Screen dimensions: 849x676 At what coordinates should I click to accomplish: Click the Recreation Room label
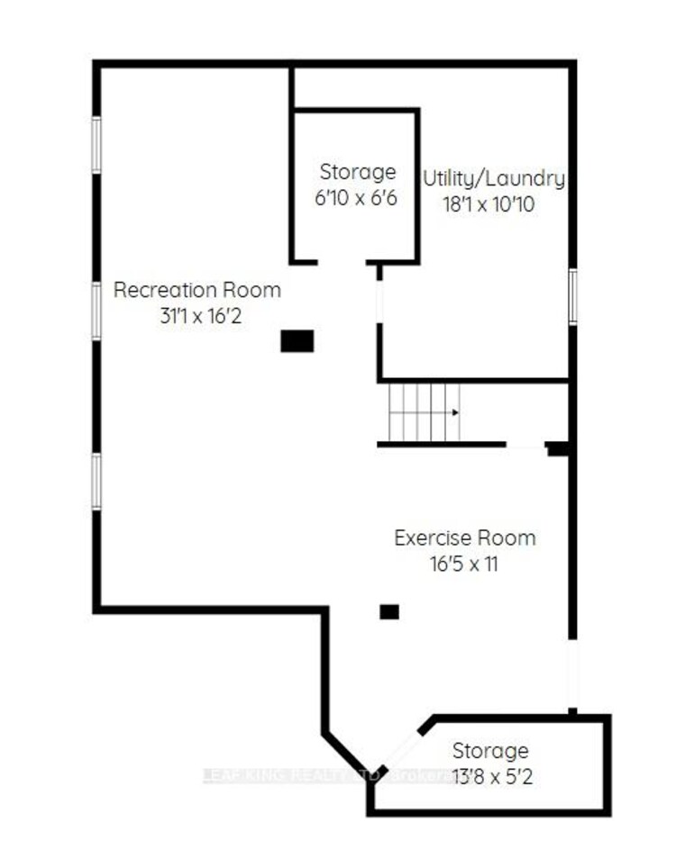click(196, 291)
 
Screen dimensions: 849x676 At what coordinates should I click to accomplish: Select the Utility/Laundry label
click(494, 178)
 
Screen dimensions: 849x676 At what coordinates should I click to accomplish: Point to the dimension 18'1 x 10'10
click(489, 204)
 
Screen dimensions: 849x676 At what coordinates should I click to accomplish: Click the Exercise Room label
click(465, 538)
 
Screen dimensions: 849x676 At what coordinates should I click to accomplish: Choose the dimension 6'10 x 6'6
click(357, 198)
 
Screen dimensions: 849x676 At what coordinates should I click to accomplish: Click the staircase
click(424, 412)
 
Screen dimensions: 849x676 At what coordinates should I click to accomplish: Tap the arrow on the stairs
click(453, 412)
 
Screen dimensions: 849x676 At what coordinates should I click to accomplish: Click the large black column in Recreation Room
click(297, 341)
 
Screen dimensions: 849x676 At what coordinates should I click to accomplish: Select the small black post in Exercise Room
click(388, 611)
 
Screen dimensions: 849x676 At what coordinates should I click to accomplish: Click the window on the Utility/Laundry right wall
click(572, 297)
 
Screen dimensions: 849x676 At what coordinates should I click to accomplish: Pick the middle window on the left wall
click(96, 311)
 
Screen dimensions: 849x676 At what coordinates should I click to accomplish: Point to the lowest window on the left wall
click(96, 482)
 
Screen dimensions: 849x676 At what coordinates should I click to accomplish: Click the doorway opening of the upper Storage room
click(342, 262)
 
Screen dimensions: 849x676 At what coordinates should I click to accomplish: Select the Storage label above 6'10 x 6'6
click(358, 172)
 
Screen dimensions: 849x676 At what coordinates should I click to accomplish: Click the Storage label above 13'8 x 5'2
click(490, 751)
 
